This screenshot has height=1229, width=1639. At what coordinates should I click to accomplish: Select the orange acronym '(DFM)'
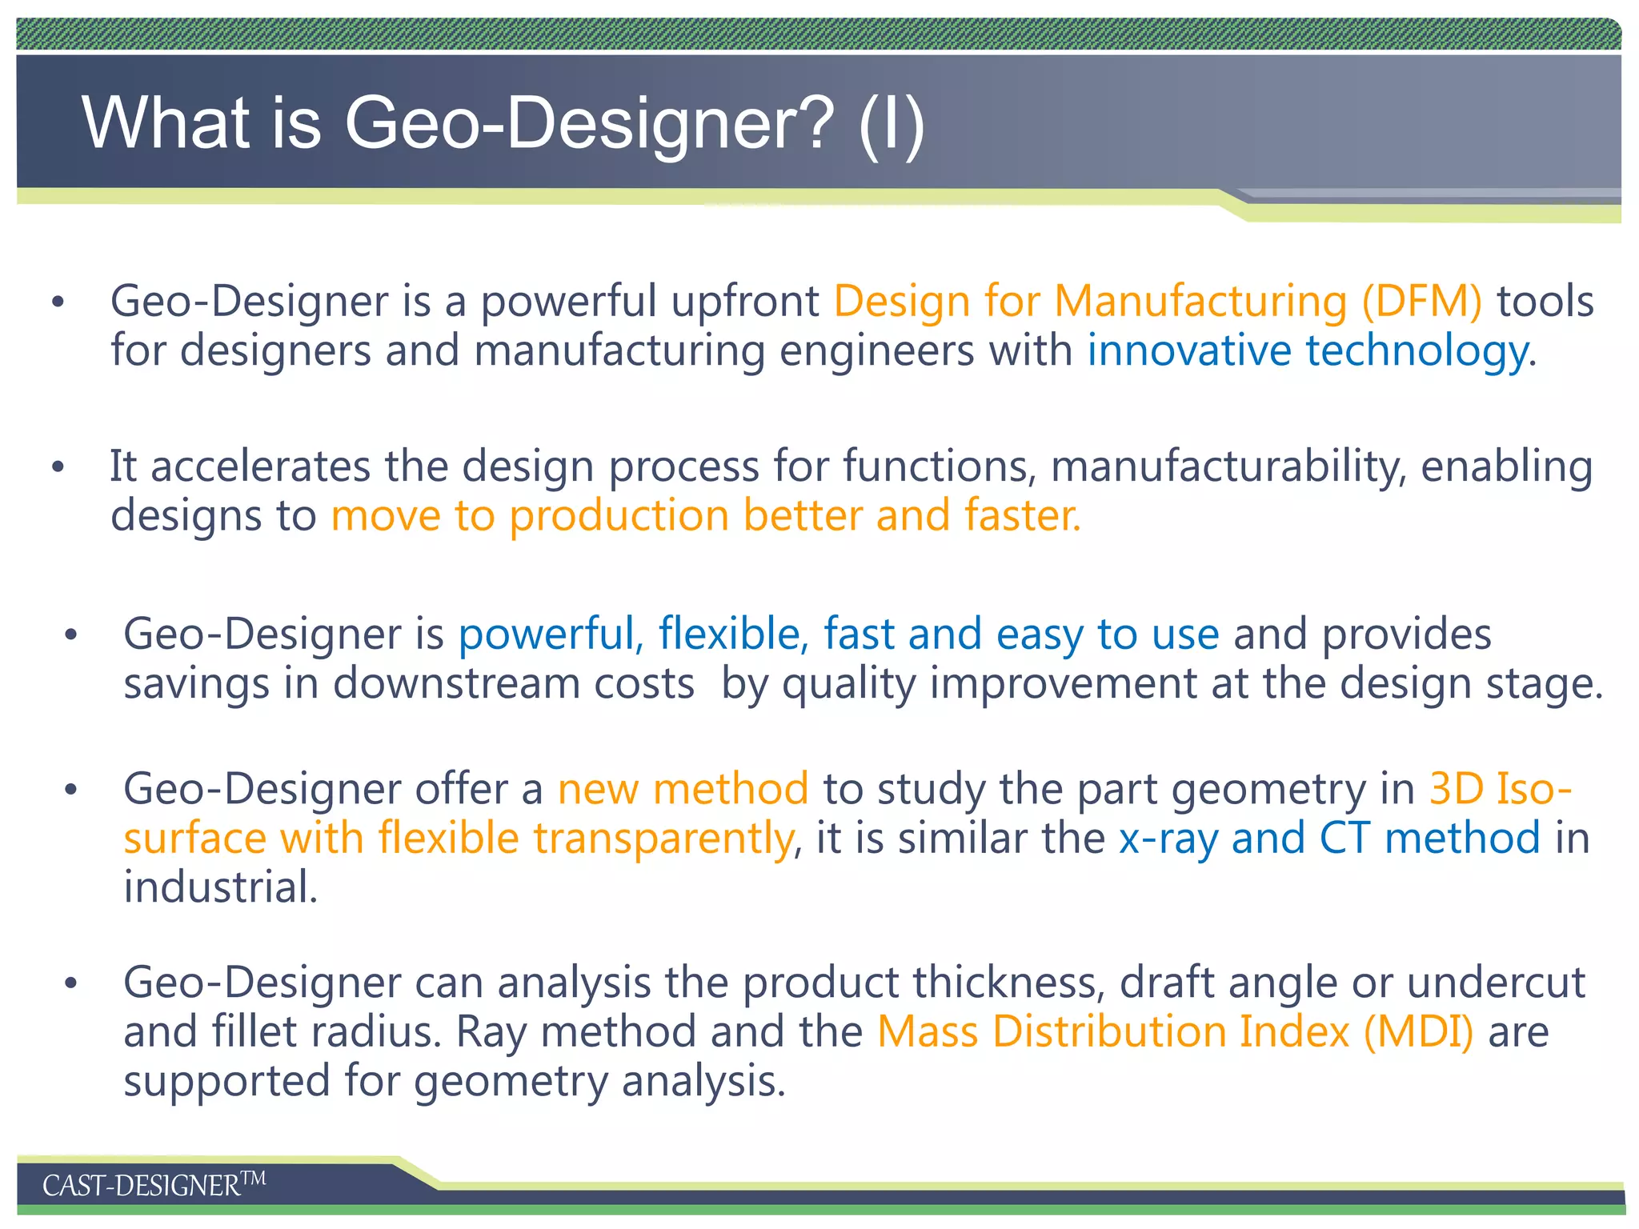tap(1421, 302)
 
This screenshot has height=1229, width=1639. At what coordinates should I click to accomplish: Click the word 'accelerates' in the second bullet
tap(260, 466)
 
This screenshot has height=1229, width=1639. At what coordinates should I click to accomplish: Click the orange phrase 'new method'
tap(683, 790)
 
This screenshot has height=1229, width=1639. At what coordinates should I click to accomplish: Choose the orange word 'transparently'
tap(663, 839)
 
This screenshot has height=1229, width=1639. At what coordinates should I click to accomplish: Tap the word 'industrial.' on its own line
tap(220, 888)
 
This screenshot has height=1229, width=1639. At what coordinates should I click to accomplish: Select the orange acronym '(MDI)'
tap(1418, 1032)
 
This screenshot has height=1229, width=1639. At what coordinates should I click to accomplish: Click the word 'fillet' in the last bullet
tap(254, 1032)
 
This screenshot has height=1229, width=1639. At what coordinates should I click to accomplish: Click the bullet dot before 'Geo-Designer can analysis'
tap(71, 983)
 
